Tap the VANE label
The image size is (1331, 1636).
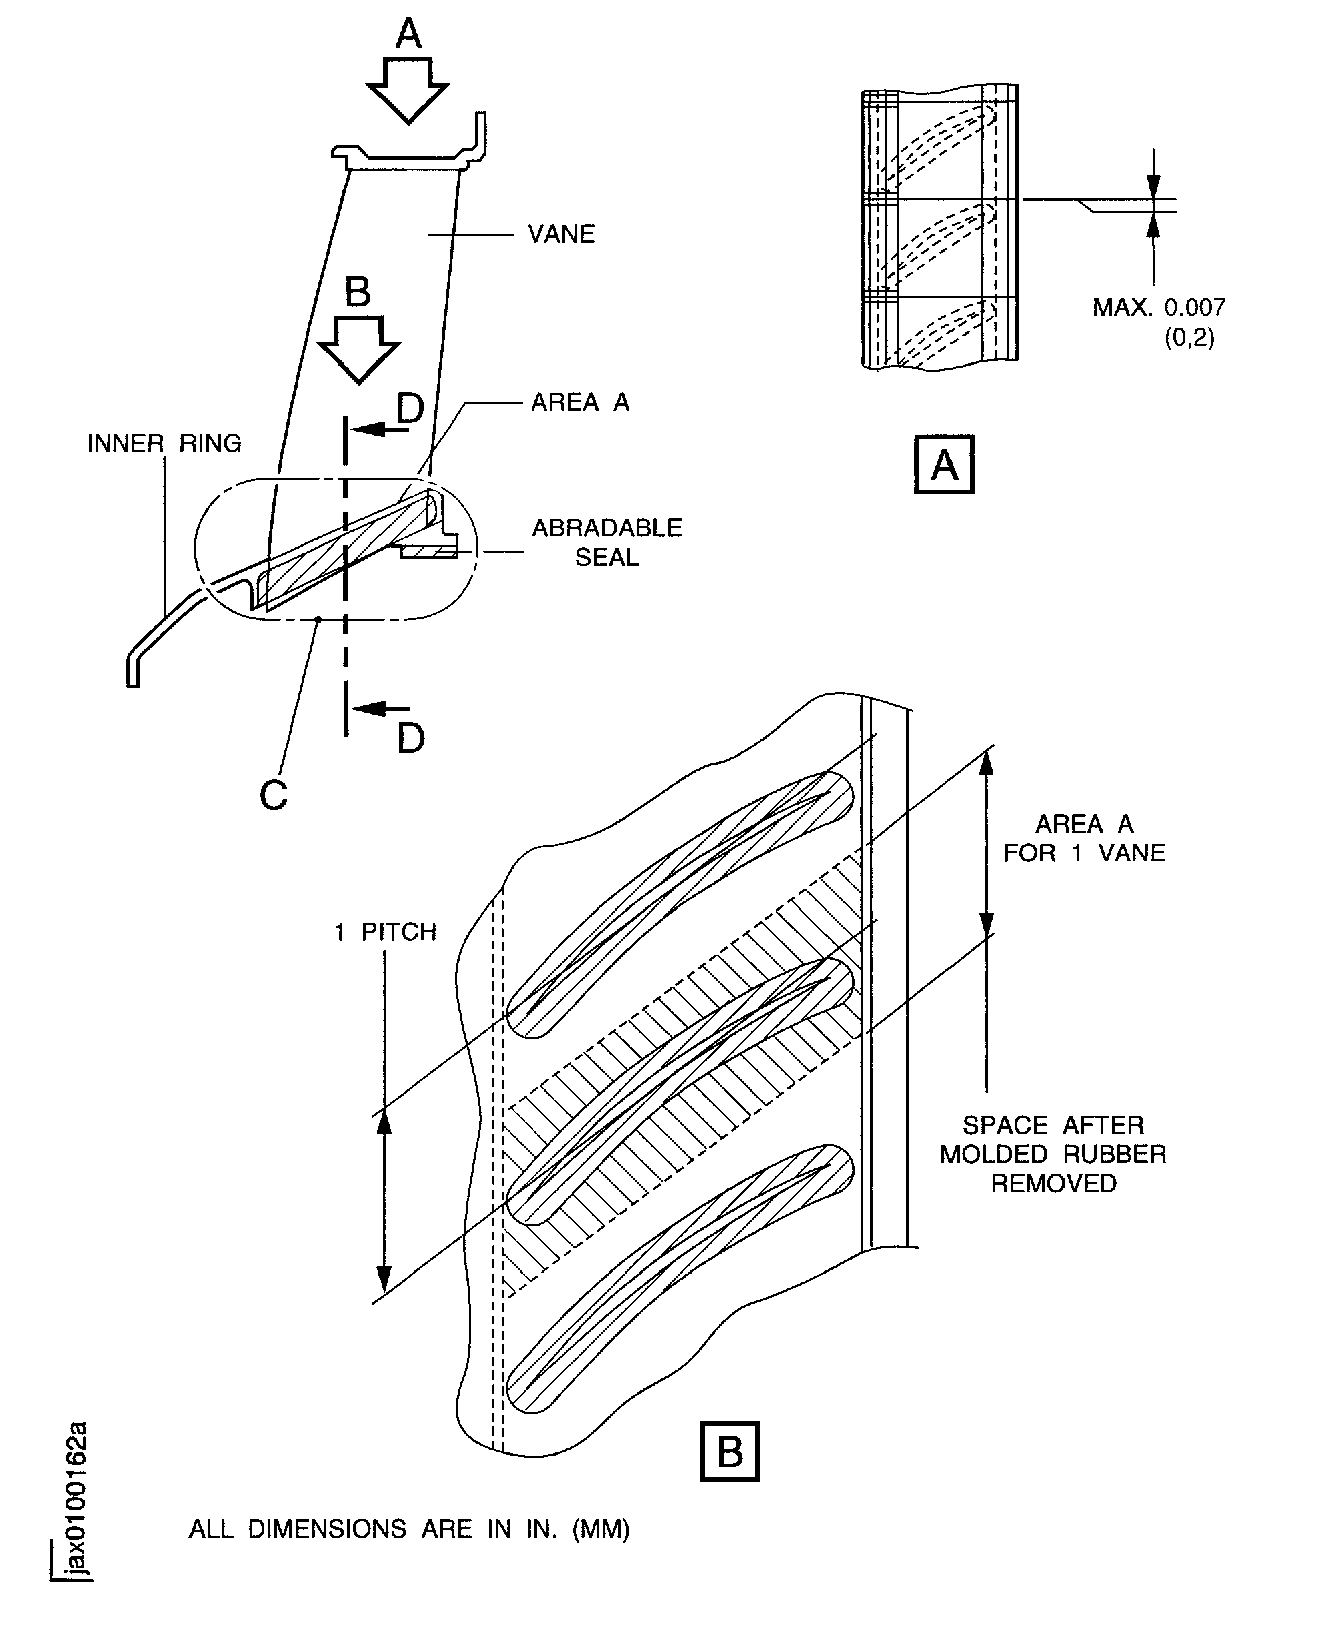561,234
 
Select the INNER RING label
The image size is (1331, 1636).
164,443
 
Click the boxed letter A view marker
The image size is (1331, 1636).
944,465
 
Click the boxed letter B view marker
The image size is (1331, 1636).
730,1450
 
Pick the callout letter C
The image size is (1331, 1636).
274,796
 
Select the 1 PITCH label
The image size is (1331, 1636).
385,932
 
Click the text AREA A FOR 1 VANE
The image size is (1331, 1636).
1084,838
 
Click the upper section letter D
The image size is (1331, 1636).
410,408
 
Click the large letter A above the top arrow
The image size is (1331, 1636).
408,34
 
